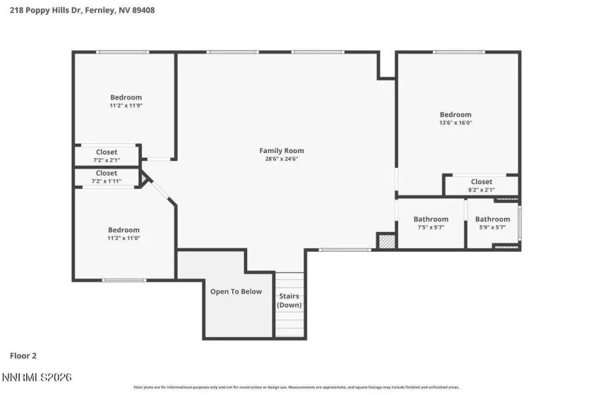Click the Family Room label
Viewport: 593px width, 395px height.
(x=282, y=150)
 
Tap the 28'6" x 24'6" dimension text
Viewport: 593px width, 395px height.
(x=282, y=159)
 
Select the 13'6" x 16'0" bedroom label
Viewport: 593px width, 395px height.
(x=455, y=115)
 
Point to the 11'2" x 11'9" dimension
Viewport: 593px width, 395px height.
(x=126, y=106)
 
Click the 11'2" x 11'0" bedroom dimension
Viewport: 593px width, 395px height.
(x=124, y=238)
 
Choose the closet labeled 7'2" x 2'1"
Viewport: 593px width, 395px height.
(x=107, y=156)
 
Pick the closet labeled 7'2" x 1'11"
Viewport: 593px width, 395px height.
(x=107, y=177)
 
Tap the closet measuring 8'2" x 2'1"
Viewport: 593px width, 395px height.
(x=481, y=186)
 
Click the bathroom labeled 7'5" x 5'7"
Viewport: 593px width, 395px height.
(x=431, y=223)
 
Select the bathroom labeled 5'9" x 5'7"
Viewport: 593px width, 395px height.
(x=492, y=223)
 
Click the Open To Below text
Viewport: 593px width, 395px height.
(x=236, y=291)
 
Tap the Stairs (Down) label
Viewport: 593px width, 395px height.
(x=289, y=300)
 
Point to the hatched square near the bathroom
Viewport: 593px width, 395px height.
(x=385, y=241)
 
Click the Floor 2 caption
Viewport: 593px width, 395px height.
(x=25, y=356)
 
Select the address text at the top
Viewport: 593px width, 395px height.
(x=83, y=11)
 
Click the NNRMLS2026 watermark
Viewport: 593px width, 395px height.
(x=37, y=378)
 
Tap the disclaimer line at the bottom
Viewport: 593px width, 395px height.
(x=296, y=387)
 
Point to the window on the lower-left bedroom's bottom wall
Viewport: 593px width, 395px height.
(x=124, y=281)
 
